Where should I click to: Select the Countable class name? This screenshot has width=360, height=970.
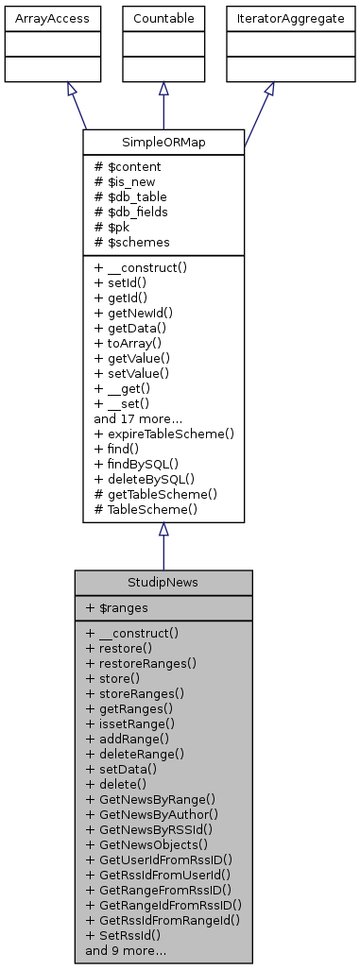(x=163, y=18)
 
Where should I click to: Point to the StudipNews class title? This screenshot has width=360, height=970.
(x=163, y=583)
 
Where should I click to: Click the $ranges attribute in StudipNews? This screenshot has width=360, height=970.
(x=119, y=609)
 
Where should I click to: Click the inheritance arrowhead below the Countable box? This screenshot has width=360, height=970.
(x=163, y=89)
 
